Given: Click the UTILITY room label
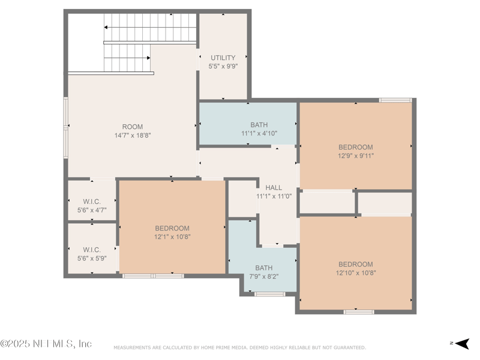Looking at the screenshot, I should [223, 58].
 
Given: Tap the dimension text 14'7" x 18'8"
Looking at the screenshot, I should [133, 136].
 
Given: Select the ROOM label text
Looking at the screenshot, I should [133, 127].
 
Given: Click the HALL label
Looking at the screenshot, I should [274, 188].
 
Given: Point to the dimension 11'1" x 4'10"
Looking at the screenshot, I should [259, 134].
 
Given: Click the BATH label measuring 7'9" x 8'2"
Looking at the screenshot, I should [263, 268].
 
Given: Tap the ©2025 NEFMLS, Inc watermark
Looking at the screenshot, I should [46, 344].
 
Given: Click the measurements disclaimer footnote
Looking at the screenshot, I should [239, 347].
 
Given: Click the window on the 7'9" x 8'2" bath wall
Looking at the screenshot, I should [269, 294].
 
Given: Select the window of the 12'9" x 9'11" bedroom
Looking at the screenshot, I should [395, 100].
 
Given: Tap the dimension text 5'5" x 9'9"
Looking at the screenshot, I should [223, 67].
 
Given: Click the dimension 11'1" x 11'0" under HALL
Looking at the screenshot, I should [274, 196].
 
